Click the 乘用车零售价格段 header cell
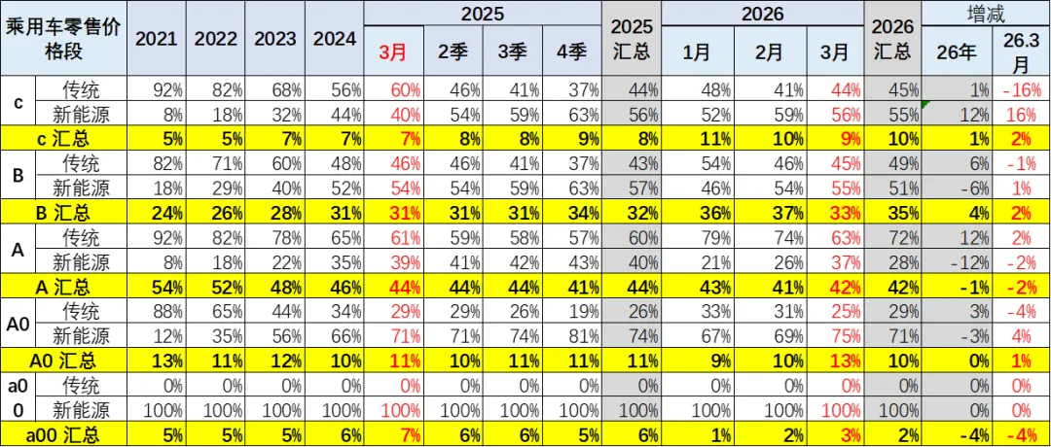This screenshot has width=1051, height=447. [63, 39]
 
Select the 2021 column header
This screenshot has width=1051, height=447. [156, 39]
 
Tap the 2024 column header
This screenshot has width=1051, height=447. [335, 39]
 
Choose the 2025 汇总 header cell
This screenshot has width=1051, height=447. [631, 39]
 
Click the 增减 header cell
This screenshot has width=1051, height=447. [987, 14]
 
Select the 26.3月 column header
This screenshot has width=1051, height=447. [1021, 52]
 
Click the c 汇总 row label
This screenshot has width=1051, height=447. [63, 136]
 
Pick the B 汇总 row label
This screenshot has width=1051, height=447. [63, 211]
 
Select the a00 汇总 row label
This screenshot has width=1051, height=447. [63, 434]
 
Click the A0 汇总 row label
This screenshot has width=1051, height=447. [63, 361]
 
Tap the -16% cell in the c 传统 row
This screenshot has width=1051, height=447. [1021, 89]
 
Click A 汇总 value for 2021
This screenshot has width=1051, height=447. [156, 286]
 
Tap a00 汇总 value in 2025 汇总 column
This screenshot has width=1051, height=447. [631, 434]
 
